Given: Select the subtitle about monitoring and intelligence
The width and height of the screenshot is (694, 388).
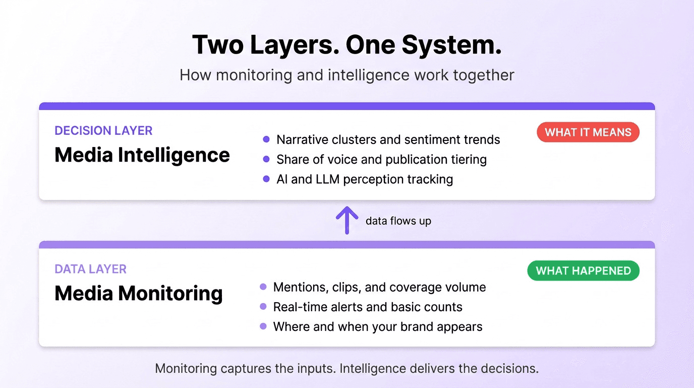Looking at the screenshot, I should click(x=347, y=75).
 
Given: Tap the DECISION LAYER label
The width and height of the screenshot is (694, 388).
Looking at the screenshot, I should click(x=103, y=131).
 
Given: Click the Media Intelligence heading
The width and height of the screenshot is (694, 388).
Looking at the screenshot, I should click(x=142, y=155).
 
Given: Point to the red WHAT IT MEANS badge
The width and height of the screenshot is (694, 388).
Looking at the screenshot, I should click(x=588, y=132).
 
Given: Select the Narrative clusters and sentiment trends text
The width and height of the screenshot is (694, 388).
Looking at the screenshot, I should click(x=388, y=139).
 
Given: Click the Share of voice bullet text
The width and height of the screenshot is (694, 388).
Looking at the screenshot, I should click(x=381, y=160).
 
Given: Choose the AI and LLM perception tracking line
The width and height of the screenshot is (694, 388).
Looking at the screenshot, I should click(x=364, y=179).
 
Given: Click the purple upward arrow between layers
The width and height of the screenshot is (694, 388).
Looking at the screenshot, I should click(x=347, y=220).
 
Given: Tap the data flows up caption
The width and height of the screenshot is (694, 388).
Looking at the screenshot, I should click(x=398, y=221).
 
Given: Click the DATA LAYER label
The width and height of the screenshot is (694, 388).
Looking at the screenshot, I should click(x=90, y=269).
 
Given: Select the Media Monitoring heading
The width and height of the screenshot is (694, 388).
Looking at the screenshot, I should click(x=139, y=293).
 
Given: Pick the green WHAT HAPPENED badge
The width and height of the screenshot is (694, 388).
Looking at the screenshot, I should click(x=583, y=271).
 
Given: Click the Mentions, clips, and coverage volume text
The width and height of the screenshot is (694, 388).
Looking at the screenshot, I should click(x=379, y=287).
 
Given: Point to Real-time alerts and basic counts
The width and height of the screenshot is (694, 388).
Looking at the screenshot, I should click(x=368, y=307).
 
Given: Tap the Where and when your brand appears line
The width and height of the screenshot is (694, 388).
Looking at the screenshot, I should click(x=378, y=327).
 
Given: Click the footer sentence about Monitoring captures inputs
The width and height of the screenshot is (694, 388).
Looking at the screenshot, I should click(x=347, y=368).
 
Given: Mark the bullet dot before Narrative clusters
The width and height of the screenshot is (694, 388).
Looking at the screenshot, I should click(x=267, y=139).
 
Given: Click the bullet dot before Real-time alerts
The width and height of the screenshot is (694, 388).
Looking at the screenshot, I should click(x=263, y=307).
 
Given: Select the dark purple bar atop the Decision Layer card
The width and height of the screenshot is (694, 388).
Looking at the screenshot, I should click(x=347, y=106).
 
